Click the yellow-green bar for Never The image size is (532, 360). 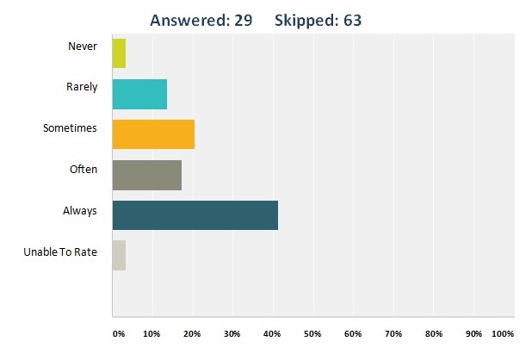pyautogui.click(x=119, y=53)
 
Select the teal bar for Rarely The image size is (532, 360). pyautogui.click(x=139, y=93)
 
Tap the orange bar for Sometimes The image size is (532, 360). pyautogui.click(x=153, y=133)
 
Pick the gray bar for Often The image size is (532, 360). pyautogui.click(x=146, y=174)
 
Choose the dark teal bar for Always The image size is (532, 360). pyautogui.click(x=195, y=214)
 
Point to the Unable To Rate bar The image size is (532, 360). pyautogui.click(x=119, y=255)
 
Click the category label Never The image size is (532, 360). pyautogui.click(x=84, y=47)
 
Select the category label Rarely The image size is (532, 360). pyautogui.click(x=82, y=87)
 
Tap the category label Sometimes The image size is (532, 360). pyautogui.click(x=70, y=128)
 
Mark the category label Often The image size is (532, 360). pyautogui.click(x=84, y=170)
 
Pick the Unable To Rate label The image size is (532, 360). pyautogui.click(x=60, y=251)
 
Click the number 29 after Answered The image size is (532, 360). pyautogui.click(x=242, y=20)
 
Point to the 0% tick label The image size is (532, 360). pyautogui.click(x=118, y=333)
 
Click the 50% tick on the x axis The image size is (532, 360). pyautogui.click(x=312, y=333)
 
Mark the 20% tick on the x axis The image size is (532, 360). pyautogui.click(x=192, y=333)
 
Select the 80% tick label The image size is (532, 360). pyautogui.click(x=433, y=333)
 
